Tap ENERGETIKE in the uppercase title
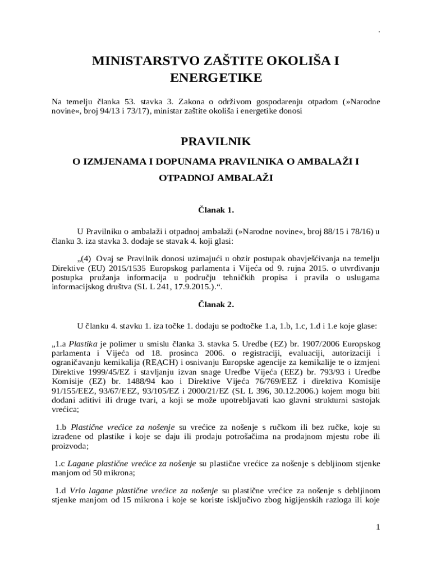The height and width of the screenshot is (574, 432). [215, 78]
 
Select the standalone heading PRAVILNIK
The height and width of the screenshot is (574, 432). [215, 142]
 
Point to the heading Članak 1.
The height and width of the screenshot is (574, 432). [215, 210]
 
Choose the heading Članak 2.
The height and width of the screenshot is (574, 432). [215, 305]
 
